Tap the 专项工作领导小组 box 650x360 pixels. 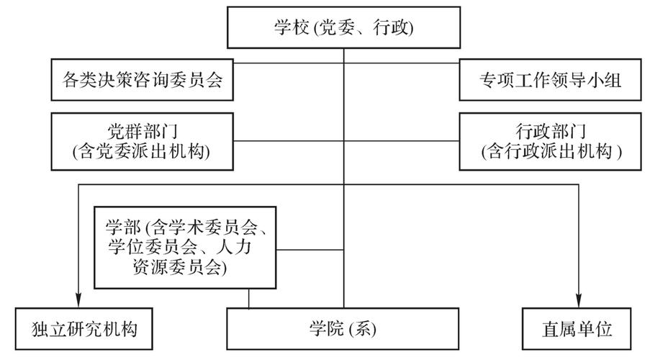pos(551,81)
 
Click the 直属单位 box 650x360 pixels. pos(577,330)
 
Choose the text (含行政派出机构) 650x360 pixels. pos(551,151)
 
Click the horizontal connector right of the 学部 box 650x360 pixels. pos(311,250)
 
